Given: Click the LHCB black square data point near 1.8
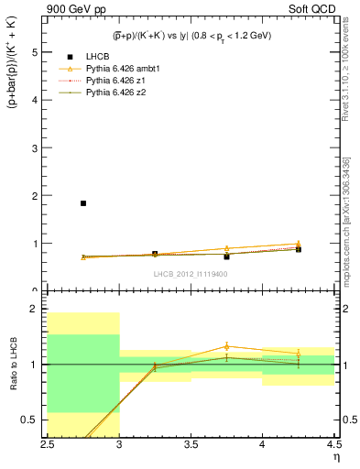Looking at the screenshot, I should click(x=83, y=203).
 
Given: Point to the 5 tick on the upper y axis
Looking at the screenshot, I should click(x=36, y=52).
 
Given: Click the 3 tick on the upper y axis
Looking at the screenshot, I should click(x=36, y=148).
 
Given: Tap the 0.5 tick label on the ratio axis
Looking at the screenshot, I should click(x=32, y=420).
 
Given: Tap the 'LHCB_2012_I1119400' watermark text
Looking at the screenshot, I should click(x=191, y=274).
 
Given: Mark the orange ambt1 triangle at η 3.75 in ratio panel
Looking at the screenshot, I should click(x=226, y=346).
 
